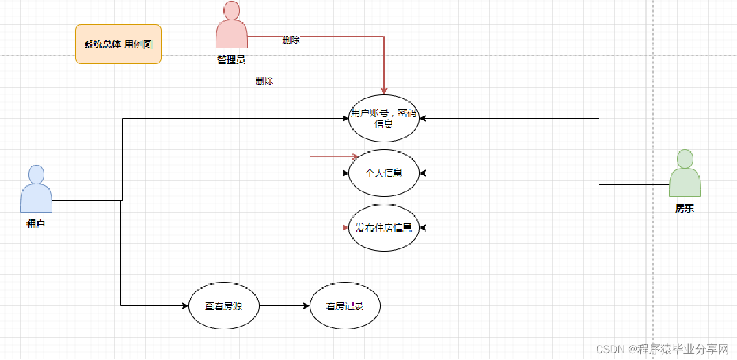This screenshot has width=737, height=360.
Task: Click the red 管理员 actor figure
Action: pyautogui.click(x=231, y=25)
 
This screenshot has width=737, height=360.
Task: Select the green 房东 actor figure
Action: pyautogui.click(x=685, y=173)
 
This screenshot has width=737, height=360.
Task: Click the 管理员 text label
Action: pyautogui.click(x=231, y=59)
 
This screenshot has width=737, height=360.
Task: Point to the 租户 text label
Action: pyautogui.click(x=36, y=224)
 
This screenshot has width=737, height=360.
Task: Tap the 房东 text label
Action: pyautogui.click(x=685, y=209)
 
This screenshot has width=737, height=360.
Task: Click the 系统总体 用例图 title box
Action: pyautogui.click(x=119, y=44)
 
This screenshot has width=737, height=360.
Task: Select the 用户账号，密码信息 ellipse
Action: pyautogui.click(x=384, y=118)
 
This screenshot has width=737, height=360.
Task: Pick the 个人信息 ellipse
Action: pyautogui.click(x=384, y=173)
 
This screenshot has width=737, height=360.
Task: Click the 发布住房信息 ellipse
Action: pyautogui.click(x=384, y=228)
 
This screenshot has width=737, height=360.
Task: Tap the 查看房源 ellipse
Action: pyautogui.click(x=224, y=306)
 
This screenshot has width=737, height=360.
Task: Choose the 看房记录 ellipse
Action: pyautogui.click(x=345, y=306)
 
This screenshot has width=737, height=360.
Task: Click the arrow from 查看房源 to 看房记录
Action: pyautogui.click(x=284, y=306)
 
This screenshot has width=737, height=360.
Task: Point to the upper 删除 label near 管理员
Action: pyautogui.click(x=291, y=40)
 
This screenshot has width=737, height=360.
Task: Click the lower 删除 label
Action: pyautogui.click(x=264, y=81)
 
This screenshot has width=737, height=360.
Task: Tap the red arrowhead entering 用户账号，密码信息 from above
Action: pyautogui.click(x=384, y=90)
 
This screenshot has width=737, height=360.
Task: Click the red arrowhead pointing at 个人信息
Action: pyautogui.click(x=356, y=156)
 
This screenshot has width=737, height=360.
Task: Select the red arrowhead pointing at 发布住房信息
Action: pyautogui.click(x=345, y=228)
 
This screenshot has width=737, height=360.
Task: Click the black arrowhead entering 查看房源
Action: pyautogui.click(x=185, y=306)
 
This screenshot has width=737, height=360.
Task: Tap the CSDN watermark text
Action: pyautogui.click(x=662, y=349)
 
